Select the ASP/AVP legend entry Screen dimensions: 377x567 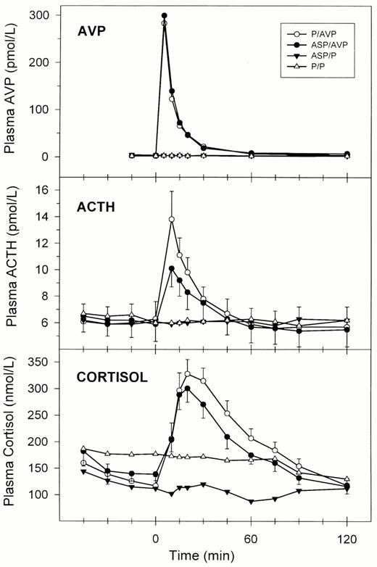(x=318, y=46)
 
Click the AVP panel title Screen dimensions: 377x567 (x=91, y=31)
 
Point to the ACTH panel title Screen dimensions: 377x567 (x=96, y=207)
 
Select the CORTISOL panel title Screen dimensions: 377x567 (x=112, y=377)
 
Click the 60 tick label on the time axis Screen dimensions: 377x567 (x=251, y=539)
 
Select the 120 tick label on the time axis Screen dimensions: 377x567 (x=347, y=539)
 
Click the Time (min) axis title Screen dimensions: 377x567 (x=202, y=555)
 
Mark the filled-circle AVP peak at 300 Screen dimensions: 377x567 (x=165, y=15)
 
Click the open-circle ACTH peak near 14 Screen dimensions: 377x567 (x=172, y=219)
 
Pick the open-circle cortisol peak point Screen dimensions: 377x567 (x=188, y=373)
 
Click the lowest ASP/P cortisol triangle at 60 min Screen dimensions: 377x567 (x=251, y=502)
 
